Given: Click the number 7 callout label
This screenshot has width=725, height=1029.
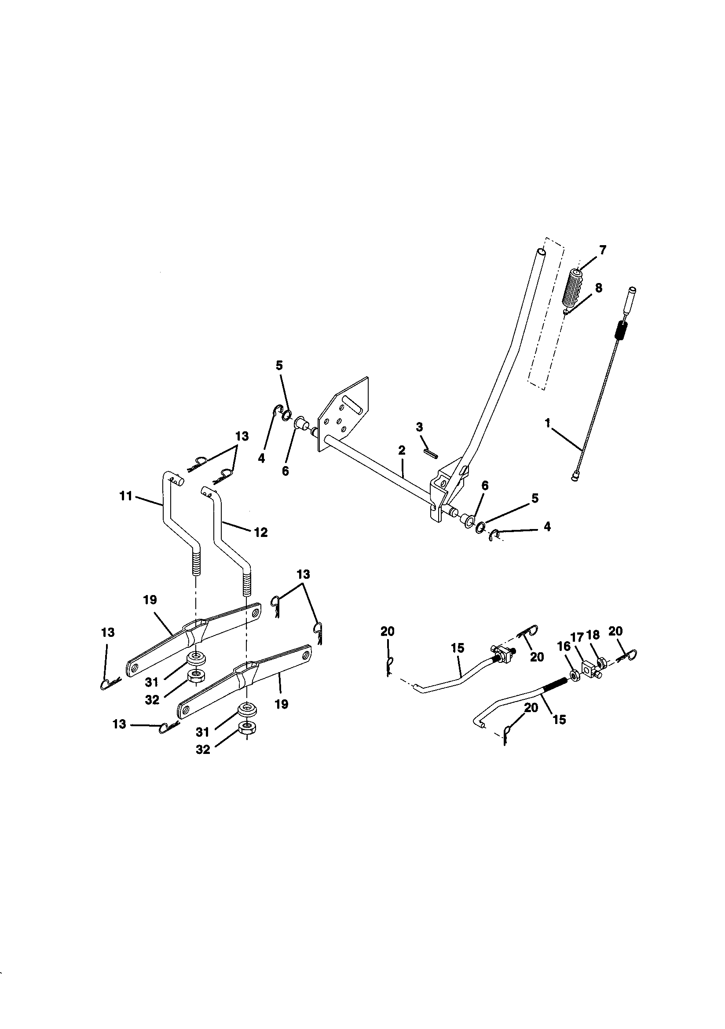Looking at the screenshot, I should pos(603,250).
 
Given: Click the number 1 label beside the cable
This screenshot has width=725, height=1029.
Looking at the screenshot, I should pos(547,423).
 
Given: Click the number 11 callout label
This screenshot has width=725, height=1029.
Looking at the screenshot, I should pos(126,496).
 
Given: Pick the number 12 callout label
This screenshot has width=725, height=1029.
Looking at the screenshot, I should pos(260,532).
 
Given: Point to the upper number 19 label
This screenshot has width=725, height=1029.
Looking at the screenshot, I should pos(150,599).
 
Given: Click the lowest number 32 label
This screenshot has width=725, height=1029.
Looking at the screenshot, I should pos(202,750).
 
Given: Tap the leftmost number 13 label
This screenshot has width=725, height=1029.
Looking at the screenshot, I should pos(107,632).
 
